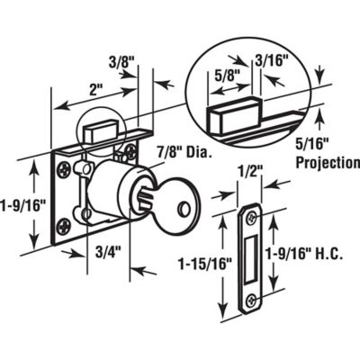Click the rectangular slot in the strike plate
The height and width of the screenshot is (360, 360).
tap(249, 258)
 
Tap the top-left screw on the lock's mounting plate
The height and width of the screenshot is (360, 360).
tap(62, 166)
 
